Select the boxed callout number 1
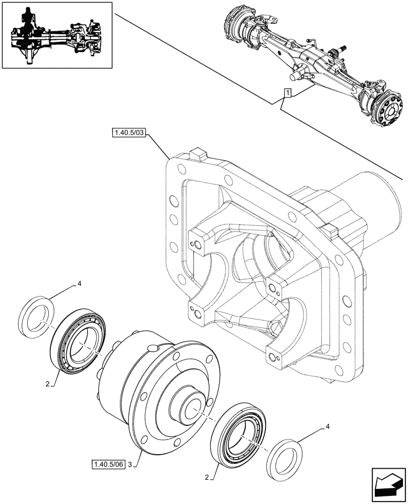pyautogui.click(x=287, y=93)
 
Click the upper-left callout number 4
pyautogui.click(x=79, y=285)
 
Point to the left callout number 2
pyautogui.click(x=47, y=384)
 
